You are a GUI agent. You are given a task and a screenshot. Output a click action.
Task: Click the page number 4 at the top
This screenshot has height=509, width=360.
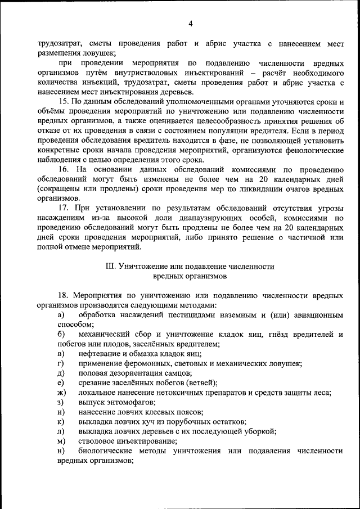tap(191, 23)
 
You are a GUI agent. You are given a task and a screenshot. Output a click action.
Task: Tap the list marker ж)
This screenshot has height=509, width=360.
tap(61, 392)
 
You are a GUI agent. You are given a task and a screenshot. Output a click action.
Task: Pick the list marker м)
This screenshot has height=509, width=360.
tap(61, 441)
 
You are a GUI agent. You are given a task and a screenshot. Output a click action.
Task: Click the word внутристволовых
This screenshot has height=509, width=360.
tap(147, 73)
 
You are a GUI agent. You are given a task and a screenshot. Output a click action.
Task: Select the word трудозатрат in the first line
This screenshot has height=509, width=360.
tap(60, 43)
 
